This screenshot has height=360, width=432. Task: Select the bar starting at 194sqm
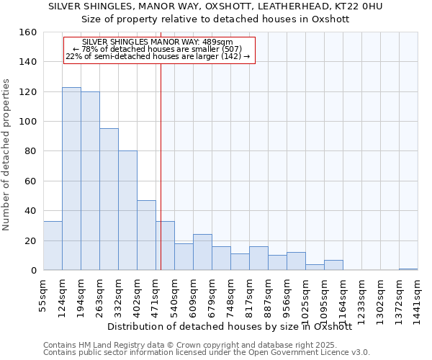90,181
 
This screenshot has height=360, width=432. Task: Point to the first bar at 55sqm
53,246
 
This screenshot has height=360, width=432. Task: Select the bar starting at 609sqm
202,252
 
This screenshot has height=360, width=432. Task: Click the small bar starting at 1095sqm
333,265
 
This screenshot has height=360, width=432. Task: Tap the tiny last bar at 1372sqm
408,269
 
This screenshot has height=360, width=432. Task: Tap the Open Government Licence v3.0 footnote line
206,353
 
